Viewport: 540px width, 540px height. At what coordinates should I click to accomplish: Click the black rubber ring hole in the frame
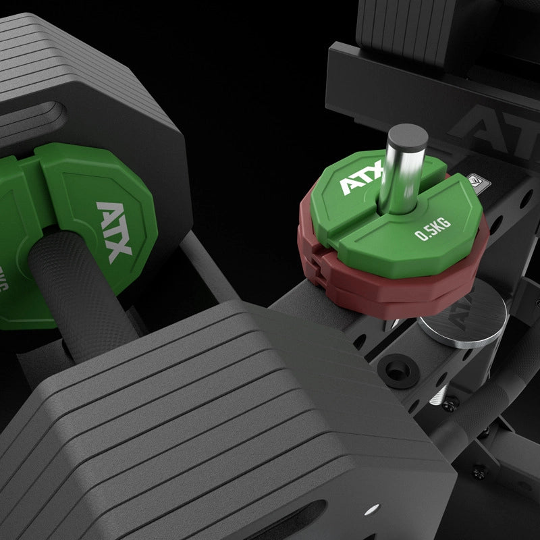coord(391,368)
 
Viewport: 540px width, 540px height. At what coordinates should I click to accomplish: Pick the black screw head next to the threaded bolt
coord(450,404)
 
